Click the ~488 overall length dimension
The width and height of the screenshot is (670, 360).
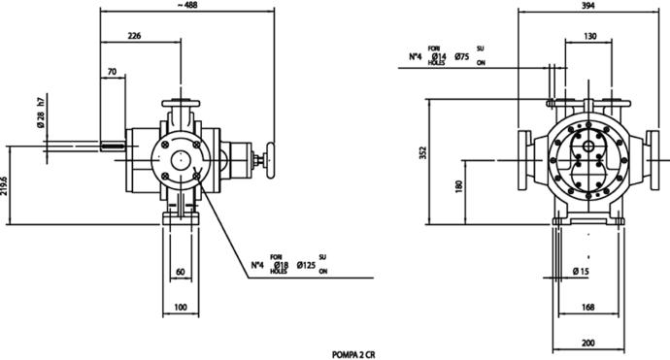click(185, 5)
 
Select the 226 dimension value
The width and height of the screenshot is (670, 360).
click(134, 36)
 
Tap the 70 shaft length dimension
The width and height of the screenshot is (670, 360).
click(112, 72)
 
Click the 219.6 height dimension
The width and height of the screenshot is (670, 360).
click(4, 185)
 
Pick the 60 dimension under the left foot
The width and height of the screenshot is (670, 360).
click(181, 272)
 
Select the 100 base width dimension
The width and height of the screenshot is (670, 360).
click(181, 308)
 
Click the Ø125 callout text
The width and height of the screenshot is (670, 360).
click(306, 265)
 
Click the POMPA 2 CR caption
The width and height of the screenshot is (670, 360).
click(353, 355)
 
